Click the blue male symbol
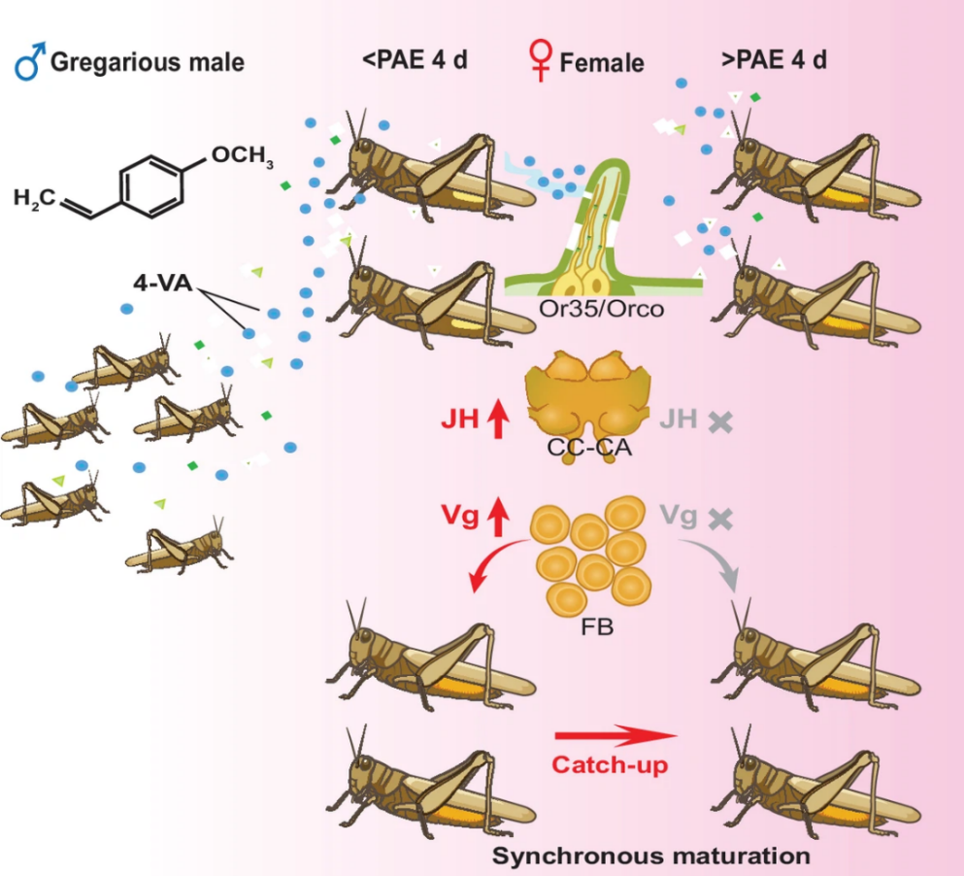(x=27, y=64)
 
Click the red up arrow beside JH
(x=498, y=421)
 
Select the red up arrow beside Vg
(x=498, y=517)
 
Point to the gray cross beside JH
(x=719, y=421)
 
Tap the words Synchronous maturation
(x=650, y=857)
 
